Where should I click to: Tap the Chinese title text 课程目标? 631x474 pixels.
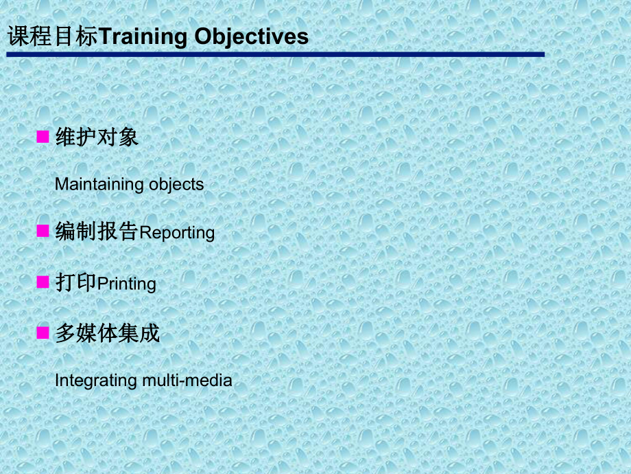tap(53, 36)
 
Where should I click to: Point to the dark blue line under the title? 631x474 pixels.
tap(274, 54)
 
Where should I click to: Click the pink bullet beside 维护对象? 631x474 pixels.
tap(43, 137)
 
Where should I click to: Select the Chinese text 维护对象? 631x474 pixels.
tap(97, 137)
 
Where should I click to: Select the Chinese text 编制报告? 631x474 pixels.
tap(97, 232)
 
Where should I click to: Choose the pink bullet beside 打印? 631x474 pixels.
tap(43, 282)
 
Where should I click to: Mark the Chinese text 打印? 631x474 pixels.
tap(76, 282)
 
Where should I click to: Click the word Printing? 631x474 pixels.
tap(127, 284)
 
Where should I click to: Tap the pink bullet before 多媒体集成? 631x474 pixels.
tap(43, 333)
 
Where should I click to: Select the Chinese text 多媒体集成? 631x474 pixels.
tap(107, 334)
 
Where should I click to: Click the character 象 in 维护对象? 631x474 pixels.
tap(128, 137)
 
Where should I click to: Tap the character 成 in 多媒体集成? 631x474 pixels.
tap(149, 334)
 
